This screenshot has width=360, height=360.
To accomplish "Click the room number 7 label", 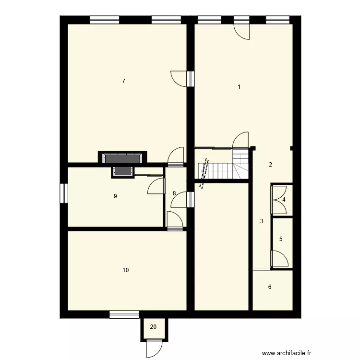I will [x=123, y=81].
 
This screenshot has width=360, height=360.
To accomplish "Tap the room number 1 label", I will [x=239, y=87].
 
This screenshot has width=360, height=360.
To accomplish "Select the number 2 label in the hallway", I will [x=270, y=165].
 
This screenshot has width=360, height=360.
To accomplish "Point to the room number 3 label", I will [x=284, y=200].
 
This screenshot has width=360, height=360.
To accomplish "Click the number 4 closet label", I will [x=281, y=239].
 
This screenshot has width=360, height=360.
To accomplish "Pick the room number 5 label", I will [x=269, y=287].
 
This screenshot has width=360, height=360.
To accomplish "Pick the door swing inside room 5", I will [x=278, y=258].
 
